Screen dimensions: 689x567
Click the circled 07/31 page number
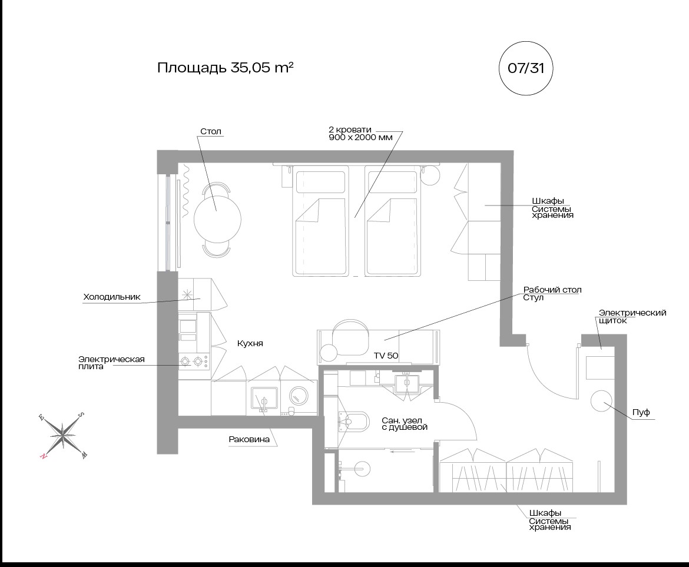pyautogui.click(x=525, y=68)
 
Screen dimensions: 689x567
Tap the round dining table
pyautogui.click(x=217, y=218)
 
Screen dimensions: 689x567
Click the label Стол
pyautogui.click(x=211, y=131)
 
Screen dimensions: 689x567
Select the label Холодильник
pyautogui.click(x=112, y=297)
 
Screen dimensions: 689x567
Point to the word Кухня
pyautogui.click(x=250, y=343)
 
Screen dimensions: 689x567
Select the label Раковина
pyautogui.click(x=249, y=439)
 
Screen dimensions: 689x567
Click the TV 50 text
pyautogui.click(x=386, y=356)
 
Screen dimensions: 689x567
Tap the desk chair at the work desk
pyautogui.click(x=350, y=338)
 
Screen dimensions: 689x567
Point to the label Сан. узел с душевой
pyautogui.click(x=404, y=424)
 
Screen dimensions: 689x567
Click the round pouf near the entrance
pyautogui.click(x=601, y=400)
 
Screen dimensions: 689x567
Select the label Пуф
pyautogui.click(x=641, y=412)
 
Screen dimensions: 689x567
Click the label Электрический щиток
pyautogui.click(x=632, y=317)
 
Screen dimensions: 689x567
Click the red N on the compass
pyautogui.click(x=43, y=457)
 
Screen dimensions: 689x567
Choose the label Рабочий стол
pyautogui.click(x=552, y=290)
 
